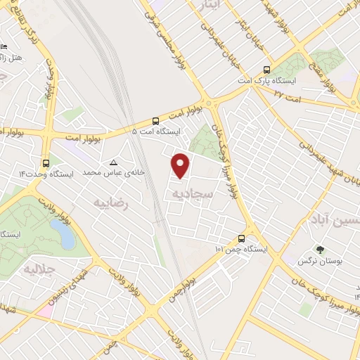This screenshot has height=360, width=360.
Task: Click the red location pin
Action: click(181, 165)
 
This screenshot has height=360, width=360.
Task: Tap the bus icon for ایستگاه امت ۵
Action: click(157, 120)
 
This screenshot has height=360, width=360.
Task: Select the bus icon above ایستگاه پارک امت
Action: click(266, 70)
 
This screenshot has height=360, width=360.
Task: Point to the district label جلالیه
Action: click(39, 270)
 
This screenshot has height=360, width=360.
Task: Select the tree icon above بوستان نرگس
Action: click(320, 250)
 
